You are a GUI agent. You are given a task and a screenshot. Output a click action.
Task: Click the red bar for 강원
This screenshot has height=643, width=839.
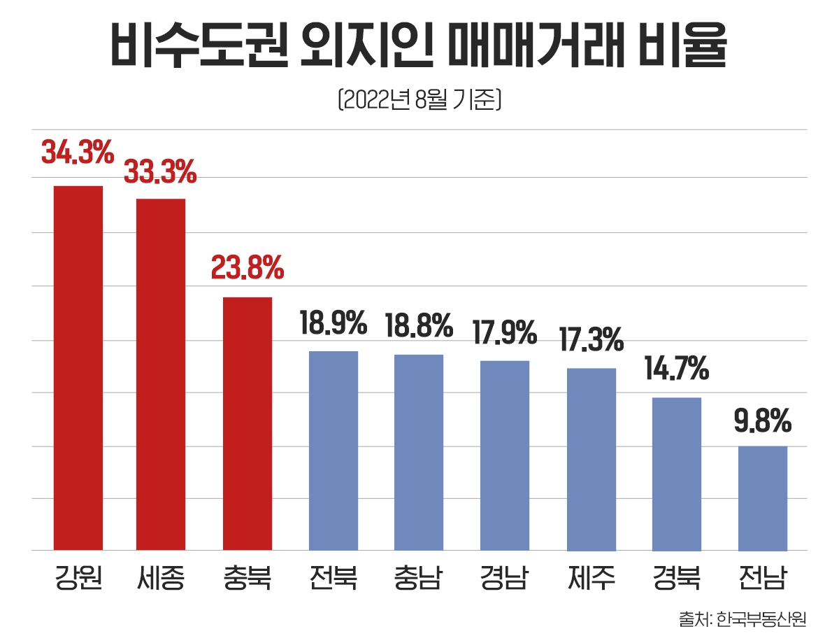[x=78, y=368]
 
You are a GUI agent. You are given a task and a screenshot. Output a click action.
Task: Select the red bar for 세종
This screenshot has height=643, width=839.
[x=161, y=374]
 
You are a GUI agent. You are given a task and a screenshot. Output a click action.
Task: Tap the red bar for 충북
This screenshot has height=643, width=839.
[x=248, y=423]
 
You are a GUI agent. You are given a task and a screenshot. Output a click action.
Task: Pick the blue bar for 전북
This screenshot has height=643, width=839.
[x=334, y=451]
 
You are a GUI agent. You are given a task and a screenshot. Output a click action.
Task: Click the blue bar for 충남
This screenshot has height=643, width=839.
[x=419, y=452]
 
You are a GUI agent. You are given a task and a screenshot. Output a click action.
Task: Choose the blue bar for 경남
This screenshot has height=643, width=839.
[x=505, y=455]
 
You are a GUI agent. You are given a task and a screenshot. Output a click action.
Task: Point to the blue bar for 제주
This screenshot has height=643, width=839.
[x=591, y=459]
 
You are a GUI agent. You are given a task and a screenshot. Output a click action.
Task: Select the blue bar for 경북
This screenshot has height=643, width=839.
[x=677, y=474]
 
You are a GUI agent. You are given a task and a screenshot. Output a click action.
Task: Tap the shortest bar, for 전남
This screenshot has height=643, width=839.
[x=763, y=498]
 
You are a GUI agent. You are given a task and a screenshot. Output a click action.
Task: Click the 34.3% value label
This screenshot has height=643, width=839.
[x=78, y=153]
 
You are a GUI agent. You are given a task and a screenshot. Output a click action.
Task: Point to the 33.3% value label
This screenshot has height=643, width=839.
[x=160, y=172]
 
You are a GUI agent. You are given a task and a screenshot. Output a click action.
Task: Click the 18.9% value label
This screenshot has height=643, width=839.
[x=334, y=323]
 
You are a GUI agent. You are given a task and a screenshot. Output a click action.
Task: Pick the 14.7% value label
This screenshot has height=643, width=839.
[x=677, y=368]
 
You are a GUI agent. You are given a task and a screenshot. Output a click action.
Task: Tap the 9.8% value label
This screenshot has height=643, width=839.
[x=763, y=421]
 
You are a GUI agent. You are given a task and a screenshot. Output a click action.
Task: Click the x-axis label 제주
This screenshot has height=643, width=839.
[x=591, y=580]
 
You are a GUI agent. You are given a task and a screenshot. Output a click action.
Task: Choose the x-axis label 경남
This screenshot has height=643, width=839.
[x=505, y=580]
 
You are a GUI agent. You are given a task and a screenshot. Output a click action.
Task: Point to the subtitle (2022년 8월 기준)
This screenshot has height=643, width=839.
[x=419, y=100]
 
